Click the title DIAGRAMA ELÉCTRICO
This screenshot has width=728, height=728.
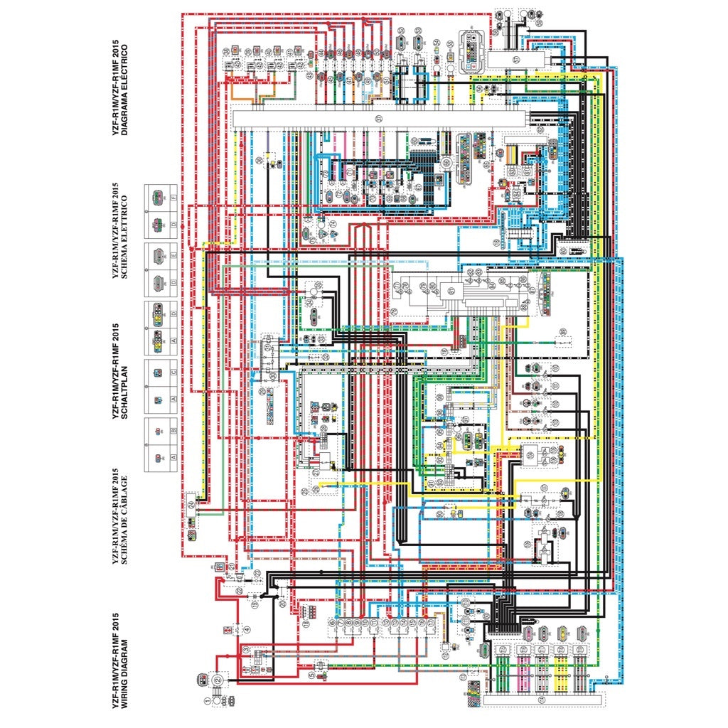tap(124, 90)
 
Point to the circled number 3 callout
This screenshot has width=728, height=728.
tap(247, 650)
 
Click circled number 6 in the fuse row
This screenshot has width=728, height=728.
tap(332, 623)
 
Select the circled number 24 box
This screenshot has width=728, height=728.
tap(191, 504)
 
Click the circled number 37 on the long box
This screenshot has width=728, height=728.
tap(379, 118)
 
